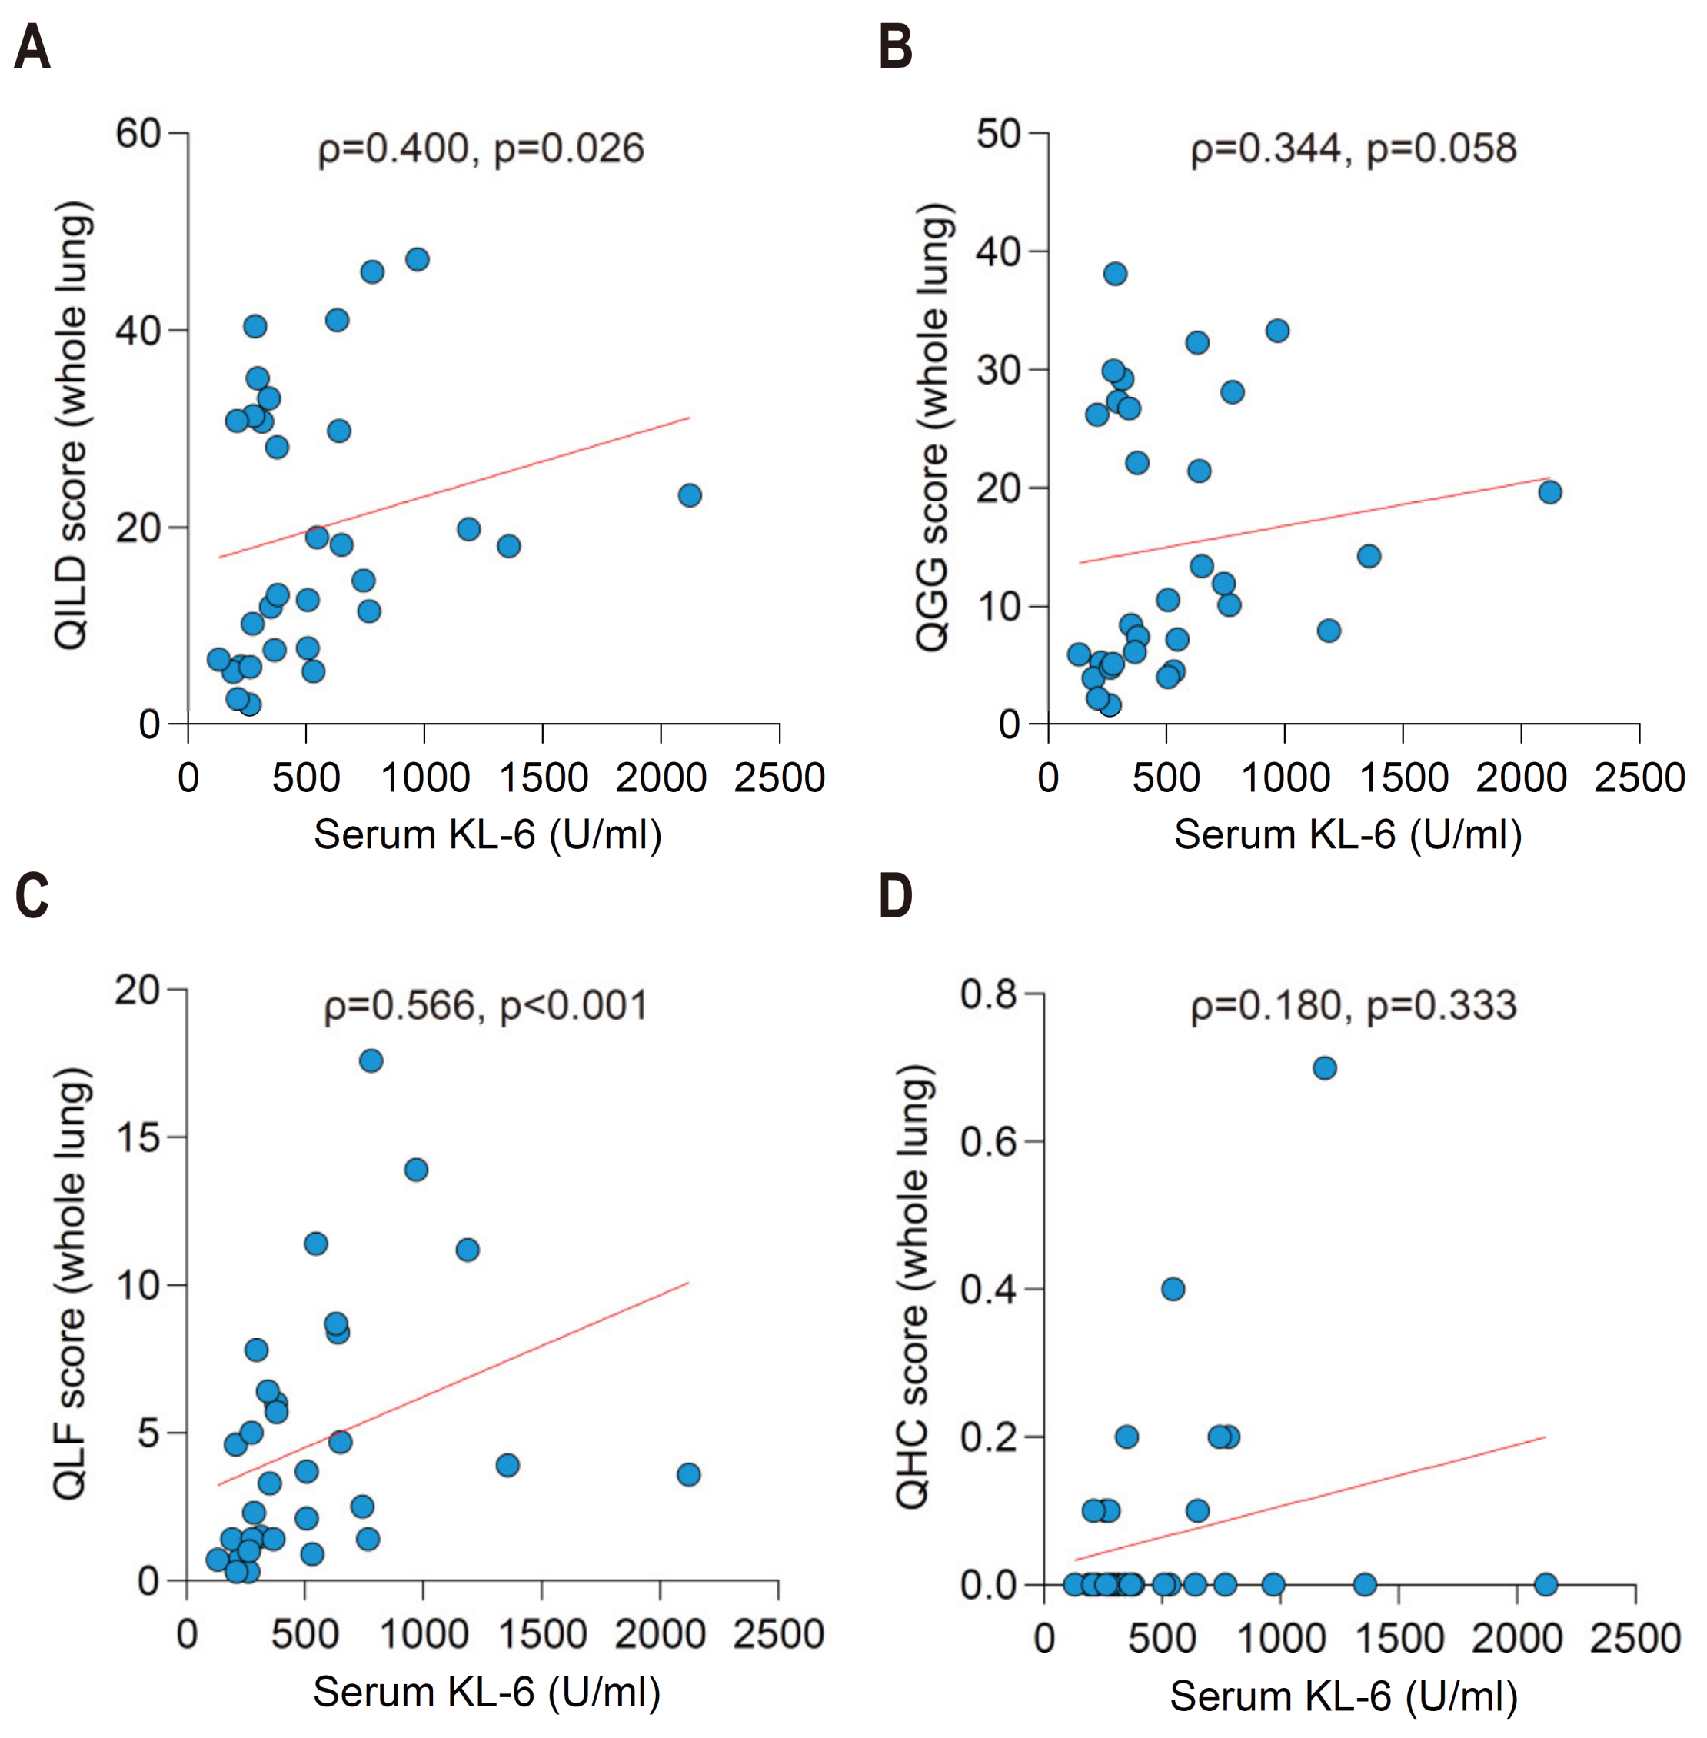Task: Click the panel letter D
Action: click(896, 896)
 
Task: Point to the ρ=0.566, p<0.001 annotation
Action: click(485, 1006)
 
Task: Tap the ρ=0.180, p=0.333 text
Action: click(1353, 1006)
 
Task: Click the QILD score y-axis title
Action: click(72, 425)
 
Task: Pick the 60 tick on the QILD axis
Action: click(137, 134)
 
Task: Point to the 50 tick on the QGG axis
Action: click(999, 135)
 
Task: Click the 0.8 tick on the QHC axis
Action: click(988, 994)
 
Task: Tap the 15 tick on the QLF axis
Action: click(137, 1137)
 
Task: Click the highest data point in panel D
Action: click(1324, 1068)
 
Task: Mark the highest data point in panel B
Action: click(1114, 274)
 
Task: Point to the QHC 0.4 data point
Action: click(1173, 1289)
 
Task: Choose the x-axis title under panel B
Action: click(1347, 835)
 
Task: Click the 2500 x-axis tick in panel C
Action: click(777, 1634)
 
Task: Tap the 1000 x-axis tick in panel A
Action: click(425, 777)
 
